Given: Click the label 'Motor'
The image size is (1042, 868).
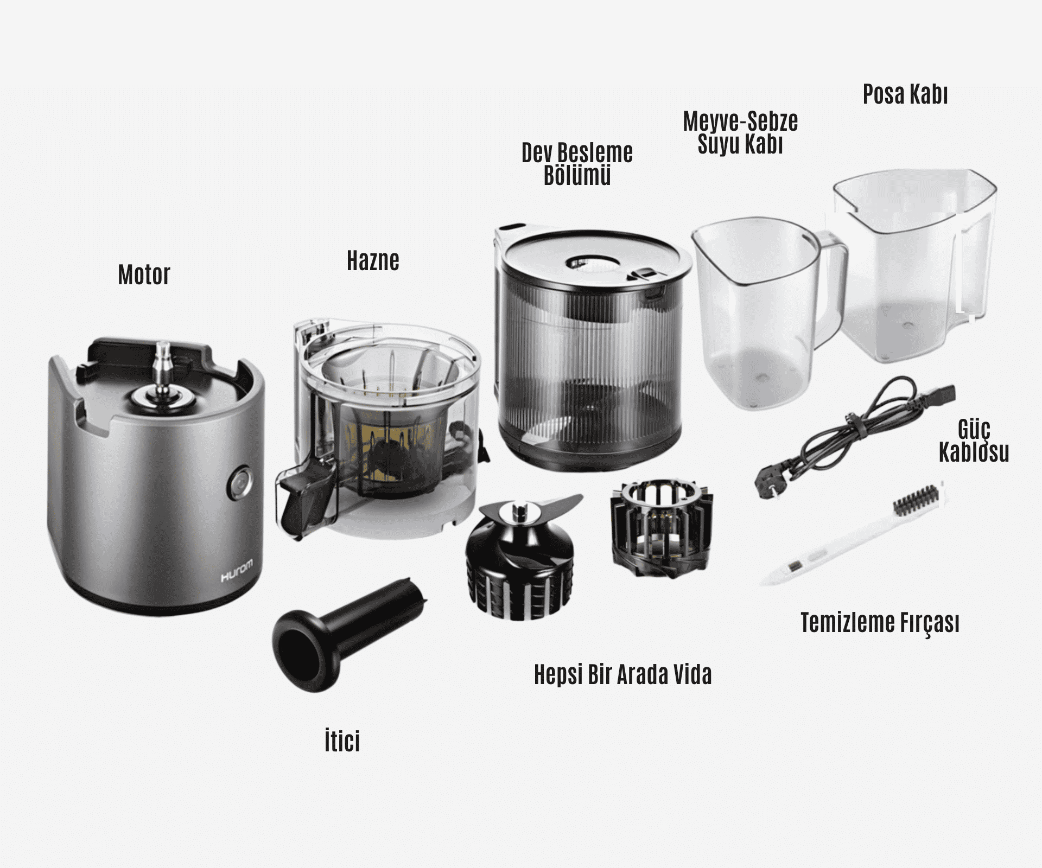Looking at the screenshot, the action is click(144, 275).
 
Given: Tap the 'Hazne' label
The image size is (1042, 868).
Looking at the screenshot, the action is click(373, 261).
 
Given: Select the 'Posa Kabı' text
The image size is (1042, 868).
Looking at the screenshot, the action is click(905, 94).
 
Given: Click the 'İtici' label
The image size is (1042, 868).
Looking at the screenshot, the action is click(342, 741).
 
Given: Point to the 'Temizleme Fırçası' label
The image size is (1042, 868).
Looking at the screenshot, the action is click(880, 623).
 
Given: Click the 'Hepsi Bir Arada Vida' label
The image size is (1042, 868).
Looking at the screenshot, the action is click(622, 675).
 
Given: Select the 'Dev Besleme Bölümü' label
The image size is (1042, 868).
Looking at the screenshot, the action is click(577, 164).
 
